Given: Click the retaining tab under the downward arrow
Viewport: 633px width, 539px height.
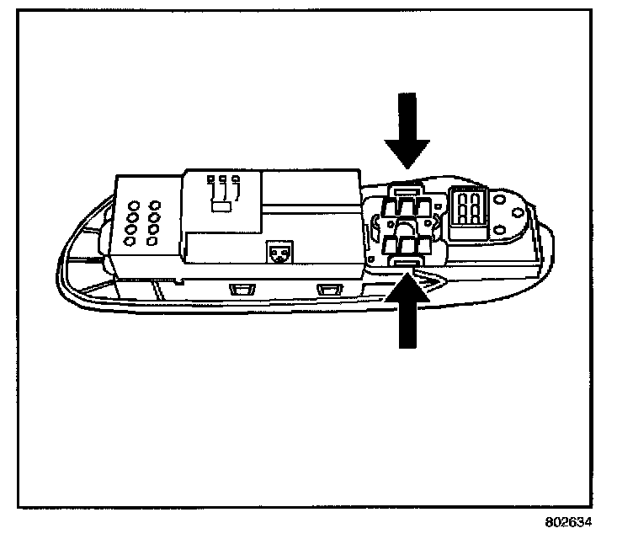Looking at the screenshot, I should [409, 189].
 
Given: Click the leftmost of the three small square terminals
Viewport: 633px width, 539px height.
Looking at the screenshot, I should [210, 179].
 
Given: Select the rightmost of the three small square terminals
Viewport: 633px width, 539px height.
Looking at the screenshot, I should [235, 179].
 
